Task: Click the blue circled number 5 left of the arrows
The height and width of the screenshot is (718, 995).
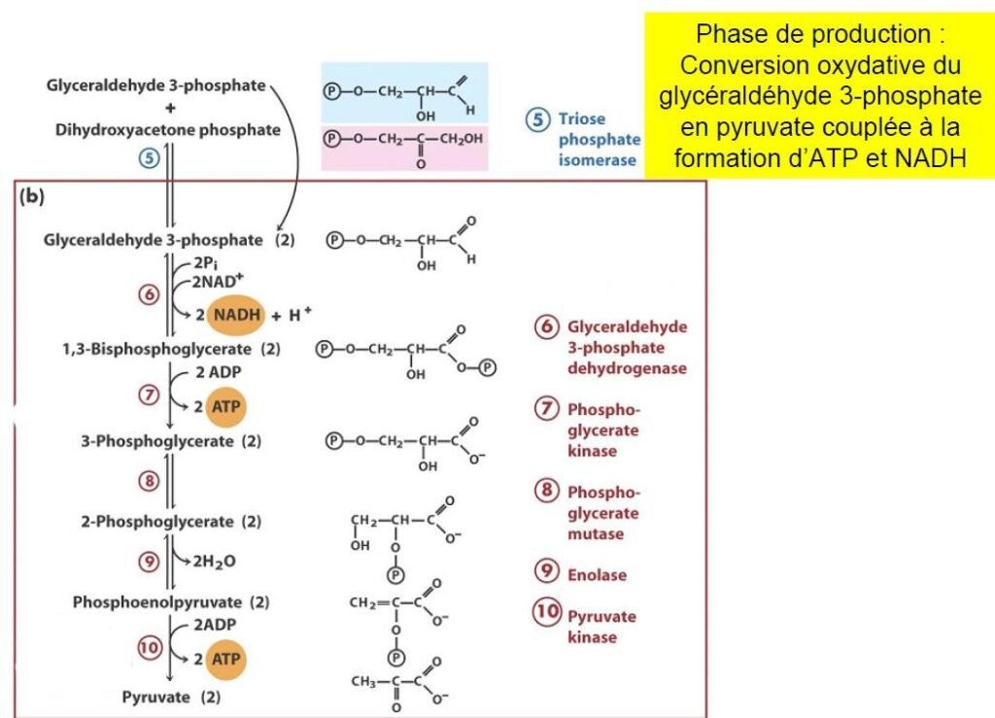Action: (x=148, y=158)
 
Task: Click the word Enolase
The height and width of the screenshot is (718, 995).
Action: (x=597, y=574)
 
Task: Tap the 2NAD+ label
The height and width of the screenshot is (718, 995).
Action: (x=215, y=281)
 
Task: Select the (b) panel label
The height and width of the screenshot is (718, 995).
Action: (x=33, y=196)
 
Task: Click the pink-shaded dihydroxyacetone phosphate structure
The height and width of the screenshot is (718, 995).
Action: (x=404, y=146)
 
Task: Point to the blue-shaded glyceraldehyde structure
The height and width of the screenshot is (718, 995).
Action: (x=404, y=93)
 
